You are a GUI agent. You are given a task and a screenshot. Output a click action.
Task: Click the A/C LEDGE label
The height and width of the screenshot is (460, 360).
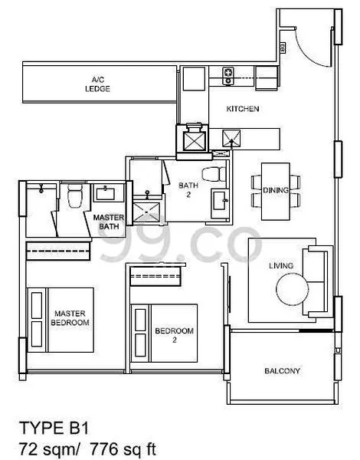[97, 84]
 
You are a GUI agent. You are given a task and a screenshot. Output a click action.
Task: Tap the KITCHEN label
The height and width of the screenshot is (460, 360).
[242, 110]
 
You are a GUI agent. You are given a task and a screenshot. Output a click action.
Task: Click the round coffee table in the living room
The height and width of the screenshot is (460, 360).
[292, 289]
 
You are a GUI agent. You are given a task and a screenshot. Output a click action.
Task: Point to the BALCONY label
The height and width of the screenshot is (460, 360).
[282, 372]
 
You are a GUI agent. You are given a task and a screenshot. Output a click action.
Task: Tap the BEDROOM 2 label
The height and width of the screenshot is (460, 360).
[172, 335]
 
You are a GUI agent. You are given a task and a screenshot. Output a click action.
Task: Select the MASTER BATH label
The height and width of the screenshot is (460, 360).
[109, 222]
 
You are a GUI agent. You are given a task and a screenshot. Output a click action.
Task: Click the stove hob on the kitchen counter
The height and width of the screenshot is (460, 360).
[227, 74]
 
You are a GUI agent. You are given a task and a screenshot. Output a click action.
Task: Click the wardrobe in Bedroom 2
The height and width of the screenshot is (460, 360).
[157, 274]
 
